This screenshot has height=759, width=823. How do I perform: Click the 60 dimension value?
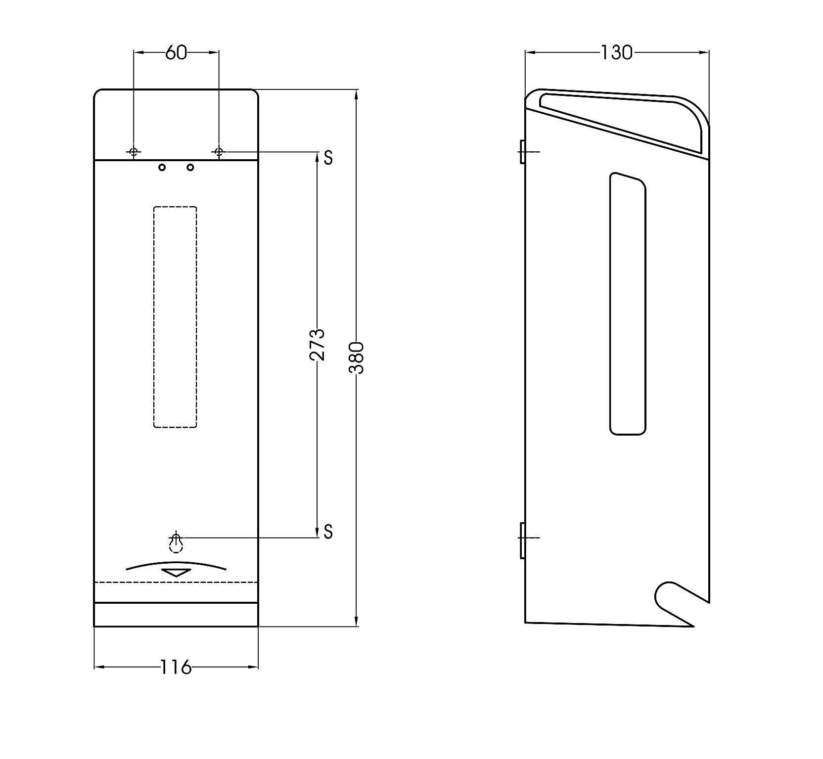176,52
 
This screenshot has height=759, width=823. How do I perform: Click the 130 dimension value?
616,52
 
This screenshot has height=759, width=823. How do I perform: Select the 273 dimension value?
317,344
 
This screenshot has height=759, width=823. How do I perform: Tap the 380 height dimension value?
357,357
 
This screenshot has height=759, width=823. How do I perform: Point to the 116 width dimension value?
176,667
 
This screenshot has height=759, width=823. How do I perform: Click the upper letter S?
328,157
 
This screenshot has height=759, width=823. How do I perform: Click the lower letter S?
328,532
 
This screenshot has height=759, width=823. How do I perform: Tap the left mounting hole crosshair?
134,152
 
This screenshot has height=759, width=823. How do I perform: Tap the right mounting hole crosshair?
219,152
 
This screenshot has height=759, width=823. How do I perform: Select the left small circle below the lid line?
162,168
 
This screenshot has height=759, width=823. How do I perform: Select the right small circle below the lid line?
190,168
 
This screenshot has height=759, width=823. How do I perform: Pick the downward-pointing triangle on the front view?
176,573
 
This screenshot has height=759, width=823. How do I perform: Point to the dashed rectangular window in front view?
175,317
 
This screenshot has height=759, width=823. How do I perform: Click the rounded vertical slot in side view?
628,304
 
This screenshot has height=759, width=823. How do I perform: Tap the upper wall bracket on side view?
522,151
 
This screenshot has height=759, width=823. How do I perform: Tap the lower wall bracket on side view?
522,540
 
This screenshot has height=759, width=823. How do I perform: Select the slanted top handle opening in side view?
621,121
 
